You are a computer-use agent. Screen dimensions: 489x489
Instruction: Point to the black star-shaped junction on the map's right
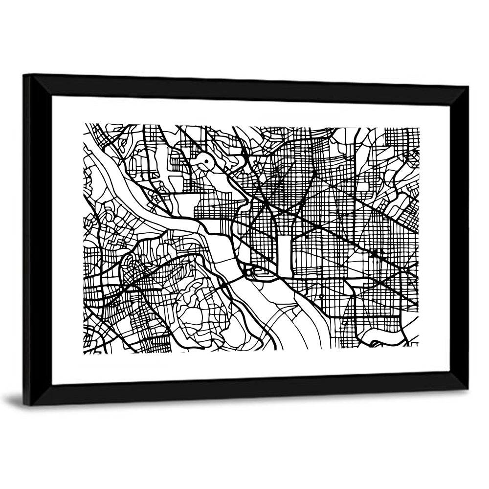point(374,254)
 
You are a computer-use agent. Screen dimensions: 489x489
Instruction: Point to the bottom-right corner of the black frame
point(467,389)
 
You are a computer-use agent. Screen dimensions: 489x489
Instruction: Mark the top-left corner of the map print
point(84,124)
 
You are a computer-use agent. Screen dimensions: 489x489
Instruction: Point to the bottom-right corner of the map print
point(419,348)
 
